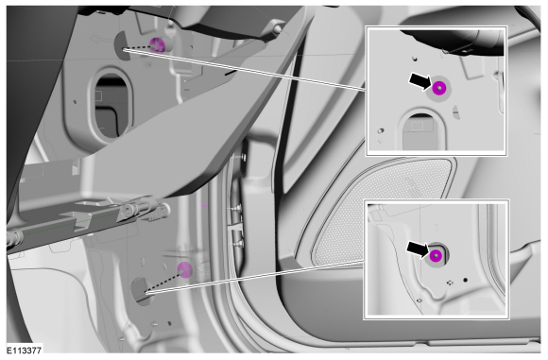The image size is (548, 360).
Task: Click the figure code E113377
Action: click(25, 350)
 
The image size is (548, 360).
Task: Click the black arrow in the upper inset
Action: click(420, 81)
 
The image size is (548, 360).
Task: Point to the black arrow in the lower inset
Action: click(418, 249)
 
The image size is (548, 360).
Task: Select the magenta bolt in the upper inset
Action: click(439, 88)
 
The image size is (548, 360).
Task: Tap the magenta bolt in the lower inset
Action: click(436, 256)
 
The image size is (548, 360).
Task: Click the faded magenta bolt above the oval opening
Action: click(157, 45)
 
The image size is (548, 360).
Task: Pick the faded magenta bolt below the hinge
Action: click(184, 270)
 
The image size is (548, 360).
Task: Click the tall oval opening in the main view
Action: click(111, 107)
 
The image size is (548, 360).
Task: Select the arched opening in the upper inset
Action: click(421, 131)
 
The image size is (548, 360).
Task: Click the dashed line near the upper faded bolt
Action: click(138, 48)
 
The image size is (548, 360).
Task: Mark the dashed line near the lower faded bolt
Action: click(163, 283)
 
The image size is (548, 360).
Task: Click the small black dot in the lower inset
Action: click(465, 280)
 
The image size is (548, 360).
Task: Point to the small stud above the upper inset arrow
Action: click(415, 58)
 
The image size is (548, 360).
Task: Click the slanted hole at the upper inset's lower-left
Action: click(381, 131)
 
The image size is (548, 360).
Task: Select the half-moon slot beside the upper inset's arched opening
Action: click(455, 111)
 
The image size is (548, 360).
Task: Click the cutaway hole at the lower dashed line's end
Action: click(140, 291)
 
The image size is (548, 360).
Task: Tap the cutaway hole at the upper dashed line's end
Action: click(122, 45)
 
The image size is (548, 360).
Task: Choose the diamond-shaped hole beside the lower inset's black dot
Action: click(450, 282)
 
